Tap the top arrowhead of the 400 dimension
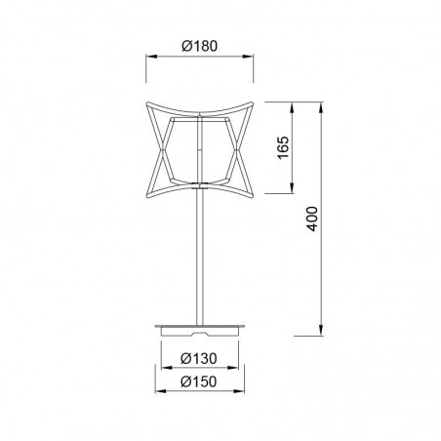coord(322,101)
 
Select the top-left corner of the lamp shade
coord(149,100)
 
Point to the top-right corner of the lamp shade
coord(252,100)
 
